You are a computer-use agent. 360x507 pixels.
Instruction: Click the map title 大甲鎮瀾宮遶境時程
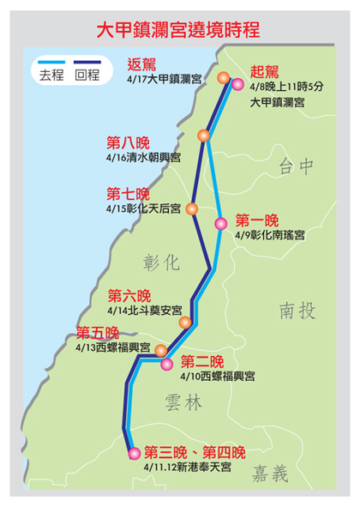pyautogui.click(x=178, y=30)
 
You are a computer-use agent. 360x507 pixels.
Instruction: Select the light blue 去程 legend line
pyautogui.click(x=51, y=62)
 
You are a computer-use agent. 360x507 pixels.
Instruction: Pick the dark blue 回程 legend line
pyautogui.click(x=87, y=62)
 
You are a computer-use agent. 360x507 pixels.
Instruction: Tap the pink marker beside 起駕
pyautogui.click(x=237, y=84)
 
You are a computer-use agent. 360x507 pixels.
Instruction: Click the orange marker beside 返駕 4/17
pyautogui.click(x=224, y=78)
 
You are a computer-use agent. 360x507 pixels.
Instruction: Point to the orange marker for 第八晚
pyautogui.click(x=204, y=136)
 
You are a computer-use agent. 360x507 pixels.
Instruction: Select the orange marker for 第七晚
pyautogui.click(x=192, y=208)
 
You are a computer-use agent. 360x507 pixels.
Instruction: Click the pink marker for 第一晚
pyautogui.click(x=221, y=224)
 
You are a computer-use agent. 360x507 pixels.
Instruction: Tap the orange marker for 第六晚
pyautogui.click(x=185, y=323)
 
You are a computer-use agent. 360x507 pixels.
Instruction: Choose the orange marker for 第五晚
pyautogui.click(x=161, y=350)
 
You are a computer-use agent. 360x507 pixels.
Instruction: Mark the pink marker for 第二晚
pyautogui.click(x=167, y=364)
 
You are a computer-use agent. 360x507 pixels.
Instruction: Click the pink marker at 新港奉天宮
pyautogui.click(x=135, y=453)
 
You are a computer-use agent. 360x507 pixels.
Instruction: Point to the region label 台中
pyautogui.click(x=296, y=166)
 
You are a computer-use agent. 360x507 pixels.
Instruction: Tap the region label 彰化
pyautogui.click(x=161, y=262)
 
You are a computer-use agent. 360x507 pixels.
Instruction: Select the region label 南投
pyautogui.click(x=297, y=311)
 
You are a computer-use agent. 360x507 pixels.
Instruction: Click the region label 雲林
pyautogui.click(x=183, y=403)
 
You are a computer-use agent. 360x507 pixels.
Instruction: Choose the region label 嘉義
pyautogui.click(x=270, y=474)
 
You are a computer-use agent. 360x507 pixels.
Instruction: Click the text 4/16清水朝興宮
pyautogui.click(x=143, y=158)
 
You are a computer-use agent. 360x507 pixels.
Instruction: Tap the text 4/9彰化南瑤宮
pyautogui.click(x=270, y=235)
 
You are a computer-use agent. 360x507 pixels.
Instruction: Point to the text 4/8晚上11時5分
pyautogui.click(x=286, y=87)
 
